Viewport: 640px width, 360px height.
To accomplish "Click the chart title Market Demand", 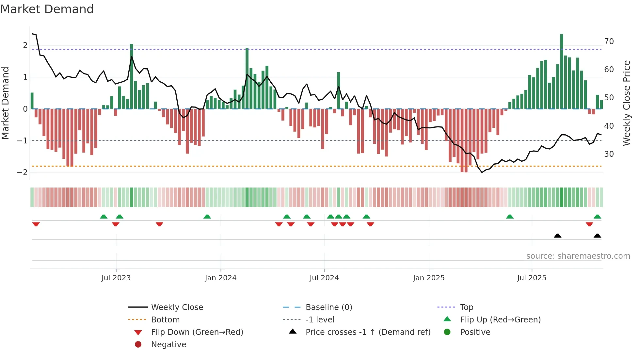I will pos(47,9).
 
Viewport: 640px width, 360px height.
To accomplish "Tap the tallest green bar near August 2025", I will pos(561,72).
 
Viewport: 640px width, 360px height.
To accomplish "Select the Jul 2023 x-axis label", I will pos(116,278).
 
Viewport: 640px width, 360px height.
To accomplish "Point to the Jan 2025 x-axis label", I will pos(428,278).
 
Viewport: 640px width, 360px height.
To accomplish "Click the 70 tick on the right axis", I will pos(609,41).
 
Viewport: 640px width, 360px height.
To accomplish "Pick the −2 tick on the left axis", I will pos(22,172).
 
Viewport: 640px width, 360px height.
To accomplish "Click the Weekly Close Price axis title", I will pos(626,103).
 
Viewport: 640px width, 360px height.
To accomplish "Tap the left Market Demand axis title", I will pos(5,103).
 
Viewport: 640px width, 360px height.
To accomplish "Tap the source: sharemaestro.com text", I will pos(578,256).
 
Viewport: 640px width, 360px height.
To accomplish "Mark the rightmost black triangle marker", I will pos(597,236).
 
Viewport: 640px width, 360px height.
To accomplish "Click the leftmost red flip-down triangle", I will pos(36,224).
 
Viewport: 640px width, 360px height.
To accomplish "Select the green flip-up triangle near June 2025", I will pos(509,217).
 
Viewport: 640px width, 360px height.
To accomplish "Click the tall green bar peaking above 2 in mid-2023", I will pos(132,77).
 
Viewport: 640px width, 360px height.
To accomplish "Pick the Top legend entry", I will pos(467,307).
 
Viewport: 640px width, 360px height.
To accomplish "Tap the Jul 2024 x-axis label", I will pos(324,278).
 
